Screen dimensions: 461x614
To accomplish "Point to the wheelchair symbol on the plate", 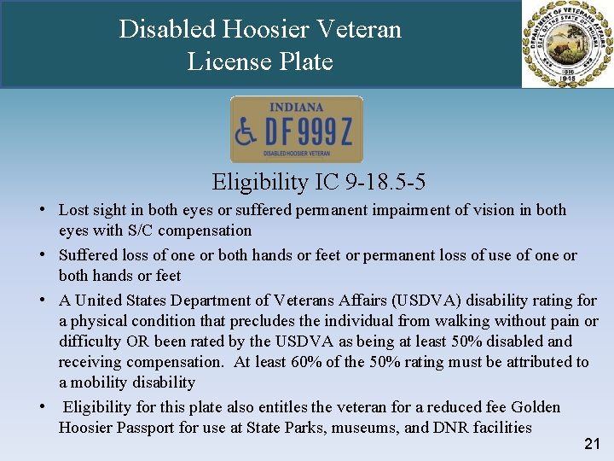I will (246, 131).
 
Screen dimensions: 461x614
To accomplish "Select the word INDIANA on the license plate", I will (296, 108).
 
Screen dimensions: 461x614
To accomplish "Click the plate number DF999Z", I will (308, 132).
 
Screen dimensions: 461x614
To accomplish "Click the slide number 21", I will (593, 444).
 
